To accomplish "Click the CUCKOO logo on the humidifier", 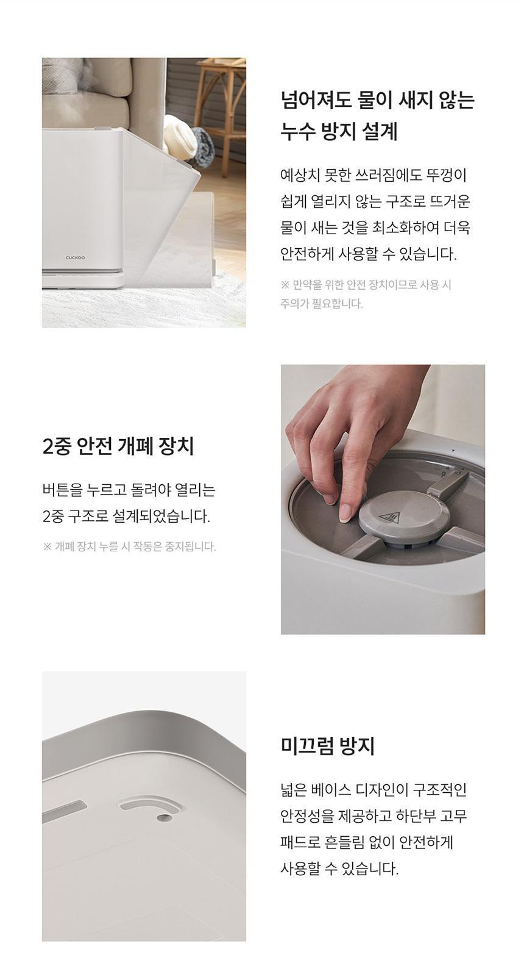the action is point(76,257).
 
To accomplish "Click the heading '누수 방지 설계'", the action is point(339,131).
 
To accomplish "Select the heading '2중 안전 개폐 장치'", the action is point(118,446).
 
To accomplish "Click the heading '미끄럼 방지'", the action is point(328,746).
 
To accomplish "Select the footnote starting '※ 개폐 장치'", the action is point(129,546).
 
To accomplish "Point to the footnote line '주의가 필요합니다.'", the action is point(322,304).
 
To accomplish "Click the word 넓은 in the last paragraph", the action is point(294,789).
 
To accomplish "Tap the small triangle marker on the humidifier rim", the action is point(453,451).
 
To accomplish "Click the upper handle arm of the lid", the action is point(449,486).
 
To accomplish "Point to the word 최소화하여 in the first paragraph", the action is point(405,227).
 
